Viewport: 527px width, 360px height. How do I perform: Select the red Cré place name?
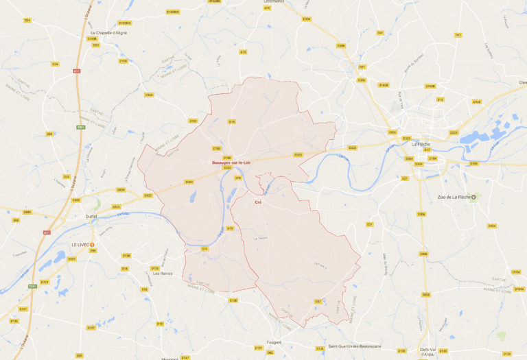(x=258, y=202)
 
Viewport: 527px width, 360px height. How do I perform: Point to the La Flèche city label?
(x=420, y=144)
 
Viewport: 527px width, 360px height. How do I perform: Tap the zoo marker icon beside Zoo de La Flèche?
(x=472, y=197)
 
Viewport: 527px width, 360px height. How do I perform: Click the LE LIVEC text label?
(x=81, y=244)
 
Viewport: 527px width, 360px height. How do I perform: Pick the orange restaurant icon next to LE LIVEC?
(x=93, y=244)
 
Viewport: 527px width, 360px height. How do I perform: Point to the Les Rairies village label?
(x=162, y=274)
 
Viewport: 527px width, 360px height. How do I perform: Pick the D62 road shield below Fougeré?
(x=270, y=352)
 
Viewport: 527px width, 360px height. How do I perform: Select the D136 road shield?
(x=233, y=300)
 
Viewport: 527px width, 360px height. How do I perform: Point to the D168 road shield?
(x=476, y=101)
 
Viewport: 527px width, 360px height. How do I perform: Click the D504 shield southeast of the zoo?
(x=491, y=226)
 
